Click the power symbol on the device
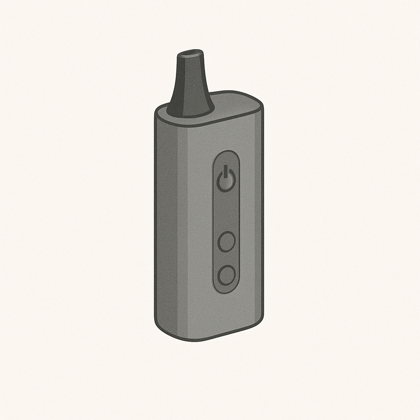coord(226,179)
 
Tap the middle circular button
coord(226,242)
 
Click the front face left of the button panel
coord(199,221)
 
